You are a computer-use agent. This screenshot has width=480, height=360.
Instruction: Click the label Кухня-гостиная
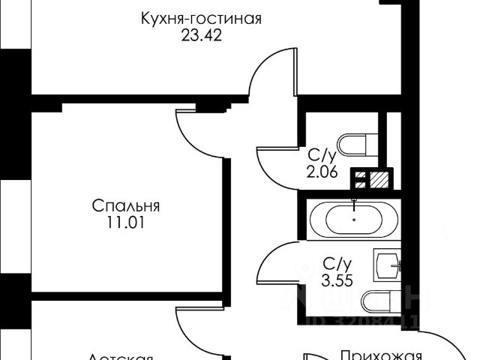[200, 19]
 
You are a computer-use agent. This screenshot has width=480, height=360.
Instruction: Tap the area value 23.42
[200, 34]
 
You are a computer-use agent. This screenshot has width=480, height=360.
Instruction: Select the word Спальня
[127, 206]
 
